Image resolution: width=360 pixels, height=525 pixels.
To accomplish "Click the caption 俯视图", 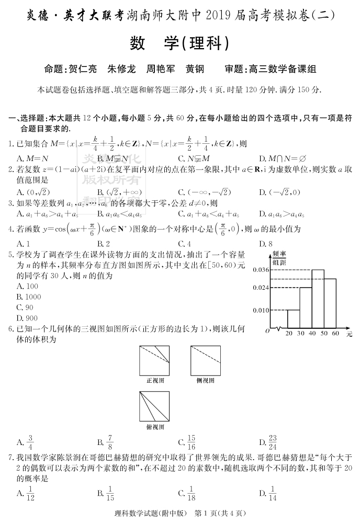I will pos(155,427).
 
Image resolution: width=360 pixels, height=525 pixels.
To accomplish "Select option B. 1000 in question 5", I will pos(29,297).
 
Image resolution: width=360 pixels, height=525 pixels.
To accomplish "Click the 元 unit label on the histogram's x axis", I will pos(348,333).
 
